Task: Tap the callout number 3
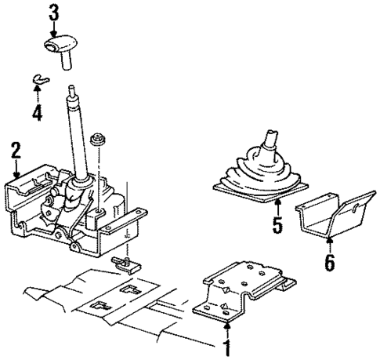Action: (x=53, y=13)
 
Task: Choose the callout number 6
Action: (x=330, y=263)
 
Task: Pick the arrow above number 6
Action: (x=330, y=242)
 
